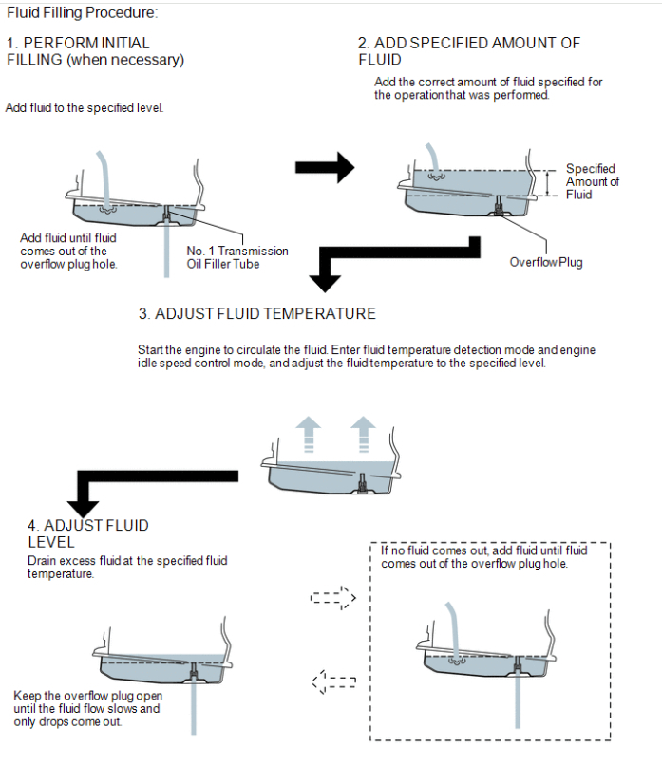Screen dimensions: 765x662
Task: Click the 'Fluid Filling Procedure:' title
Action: click(x=82, y=12)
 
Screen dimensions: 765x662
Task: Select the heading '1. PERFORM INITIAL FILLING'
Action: click(x=95, y=51)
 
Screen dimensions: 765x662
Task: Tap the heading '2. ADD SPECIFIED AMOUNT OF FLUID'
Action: click(x=468, y=51)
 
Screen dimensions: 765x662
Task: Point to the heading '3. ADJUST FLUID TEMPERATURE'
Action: click(x=256, y=314)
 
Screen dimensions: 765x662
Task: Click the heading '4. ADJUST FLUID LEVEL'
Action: click(x=88, y=533)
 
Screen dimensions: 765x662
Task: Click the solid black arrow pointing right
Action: click(x=325, y=168)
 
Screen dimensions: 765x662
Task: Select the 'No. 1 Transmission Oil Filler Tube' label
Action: click(x=237, y=257)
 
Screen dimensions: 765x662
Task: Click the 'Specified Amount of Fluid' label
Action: click(x=593, y=181)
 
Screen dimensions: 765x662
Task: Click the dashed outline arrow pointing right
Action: click(x=332, y=599)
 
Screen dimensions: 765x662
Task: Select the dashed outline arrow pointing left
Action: click(x=332, y=681)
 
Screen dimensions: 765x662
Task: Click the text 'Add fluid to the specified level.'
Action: click(x=85, y=108)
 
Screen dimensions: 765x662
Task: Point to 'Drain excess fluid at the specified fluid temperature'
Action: click(x=128, y=568)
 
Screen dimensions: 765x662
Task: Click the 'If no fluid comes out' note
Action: click(x=483, y=557)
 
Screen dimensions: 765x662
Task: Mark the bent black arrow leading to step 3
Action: click(x=399, y=255)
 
